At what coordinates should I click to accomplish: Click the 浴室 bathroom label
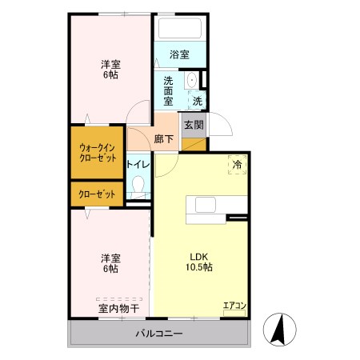coord(179,54)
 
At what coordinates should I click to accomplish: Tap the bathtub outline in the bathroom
coord(180,28)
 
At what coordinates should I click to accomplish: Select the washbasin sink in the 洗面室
coord(191,80)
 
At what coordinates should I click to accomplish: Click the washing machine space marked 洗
coord(198,101)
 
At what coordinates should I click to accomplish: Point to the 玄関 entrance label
coord(194,125)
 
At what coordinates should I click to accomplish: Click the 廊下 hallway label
coord(164,139)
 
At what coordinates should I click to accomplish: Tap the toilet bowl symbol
coord(138,185)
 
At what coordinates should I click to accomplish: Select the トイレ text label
coord(138,164)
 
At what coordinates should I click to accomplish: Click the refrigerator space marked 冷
coord(237,165)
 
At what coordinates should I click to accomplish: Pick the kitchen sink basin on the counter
coord(206,205)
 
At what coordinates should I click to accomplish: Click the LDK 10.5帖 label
coord(199,262)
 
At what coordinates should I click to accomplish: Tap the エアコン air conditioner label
coord(234,306)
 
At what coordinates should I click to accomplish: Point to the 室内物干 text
coord(119,309)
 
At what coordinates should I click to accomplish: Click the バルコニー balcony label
coord(159,334)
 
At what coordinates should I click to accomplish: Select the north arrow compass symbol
coord(280,330)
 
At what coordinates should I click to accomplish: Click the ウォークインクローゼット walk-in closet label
coord(98,153)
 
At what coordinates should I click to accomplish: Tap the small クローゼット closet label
coord(97,194)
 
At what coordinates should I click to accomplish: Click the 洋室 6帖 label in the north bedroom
coord(110,70)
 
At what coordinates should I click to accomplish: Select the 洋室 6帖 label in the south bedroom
coord(110,263)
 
